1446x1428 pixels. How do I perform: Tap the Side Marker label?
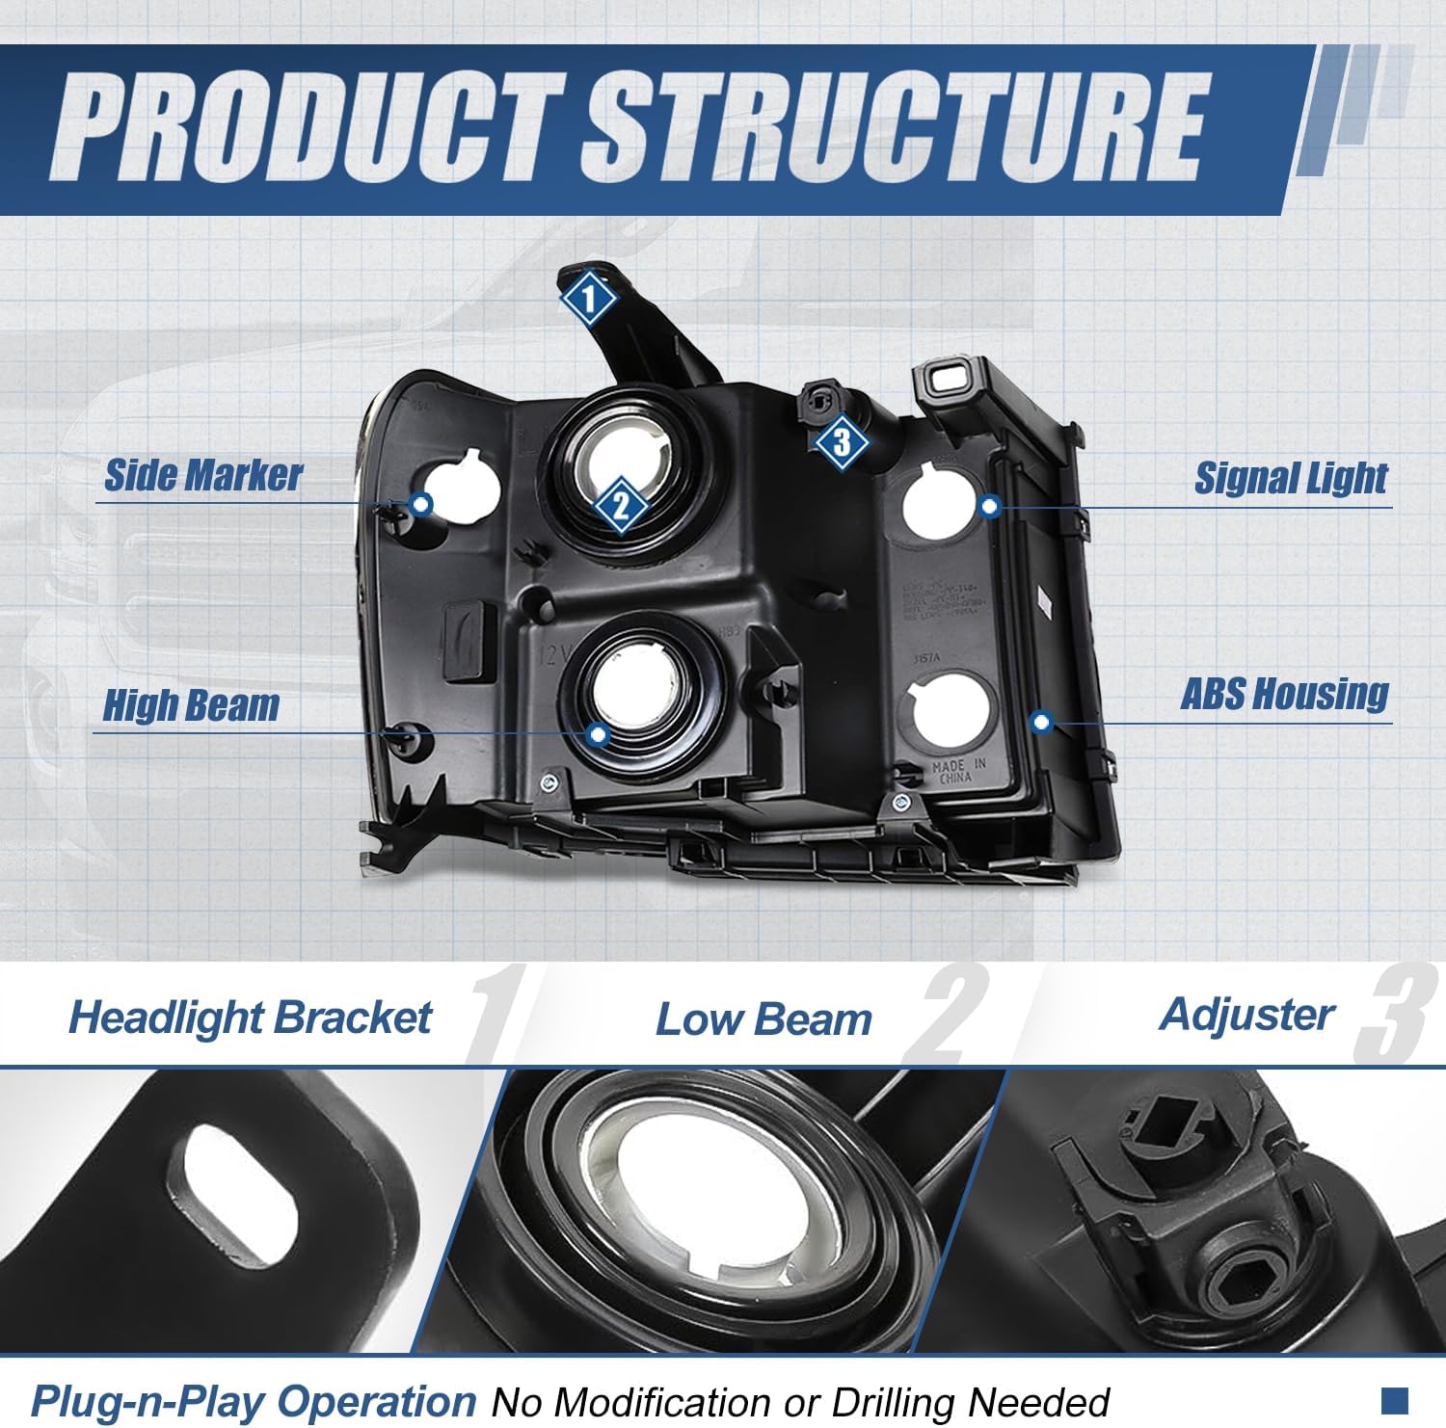tap(202, 475)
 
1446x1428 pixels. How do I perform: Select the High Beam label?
tap(191, 705)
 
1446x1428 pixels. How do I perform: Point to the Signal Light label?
tap(1291, 477)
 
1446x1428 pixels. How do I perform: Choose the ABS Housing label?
tap(1284, 693)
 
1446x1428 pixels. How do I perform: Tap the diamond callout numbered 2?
tap(620, 505)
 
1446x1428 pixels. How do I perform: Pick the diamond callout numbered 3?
tap(842, 442)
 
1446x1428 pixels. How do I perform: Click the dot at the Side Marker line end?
tap(420, 503)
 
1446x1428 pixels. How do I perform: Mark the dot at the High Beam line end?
tap(599, 734)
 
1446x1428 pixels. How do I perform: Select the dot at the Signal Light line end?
tap(990, 505)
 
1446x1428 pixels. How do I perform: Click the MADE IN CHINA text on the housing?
tap(958, 771)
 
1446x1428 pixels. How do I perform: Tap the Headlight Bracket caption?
tap(251, 1018)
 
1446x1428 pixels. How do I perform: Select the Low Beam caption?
tap(763, 1019)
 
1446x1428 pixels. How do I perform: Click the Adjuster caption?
tap(1247, 1014)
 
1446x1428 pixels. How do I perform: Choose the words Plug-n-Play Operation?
tap(254, 1400)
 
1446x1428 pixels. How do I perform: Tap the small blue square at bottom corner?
tap(1394, 1397)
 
